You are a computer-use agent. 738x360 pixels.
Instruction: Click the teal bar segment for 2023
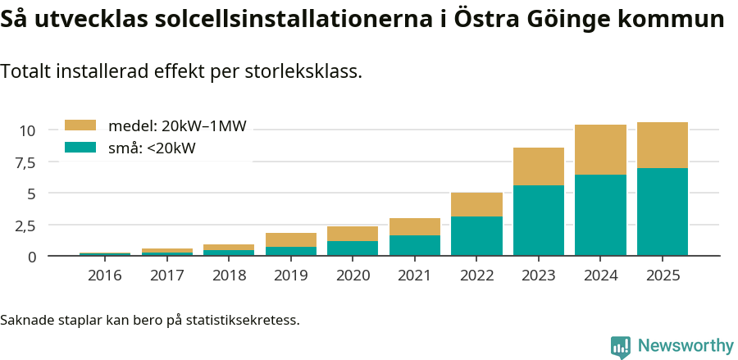coord(538,220)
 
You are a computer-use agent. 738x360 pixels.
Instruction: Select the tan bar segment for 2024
coord(600,149)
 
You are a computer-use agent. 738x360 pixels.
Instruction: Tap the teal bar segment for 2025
coord(663,212)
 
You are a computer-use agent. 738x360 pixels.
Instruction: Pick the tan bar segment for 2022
coord(476,204)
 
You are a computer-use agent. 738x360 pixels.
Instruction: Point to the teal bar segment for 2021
coord(414,245)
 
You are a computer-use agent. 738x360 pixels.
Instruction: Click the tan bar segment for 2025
coord(663,145)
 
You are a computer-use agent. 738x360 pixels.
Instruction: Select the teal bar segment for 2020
coord(353,248)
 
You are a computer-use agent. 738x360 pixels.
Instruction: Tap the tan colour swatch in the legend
coord(81,125)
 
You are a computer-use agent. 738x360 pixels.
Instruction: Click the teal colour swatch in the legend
coord(81,148)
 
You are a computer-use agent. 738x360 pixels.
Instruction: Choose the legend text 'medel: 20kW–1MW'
coord(177,125)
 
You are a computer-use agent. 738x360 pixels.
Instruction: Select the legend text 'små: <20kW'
coord(152,148)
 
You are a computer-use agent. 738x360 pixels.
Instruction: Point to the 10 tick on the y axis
coord(27,130)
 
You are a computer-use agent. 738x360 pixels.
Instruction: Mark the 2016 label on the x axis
coord(104,276)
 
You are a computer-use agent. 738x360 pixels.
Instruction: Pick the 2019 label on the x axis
coord(290,276)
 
